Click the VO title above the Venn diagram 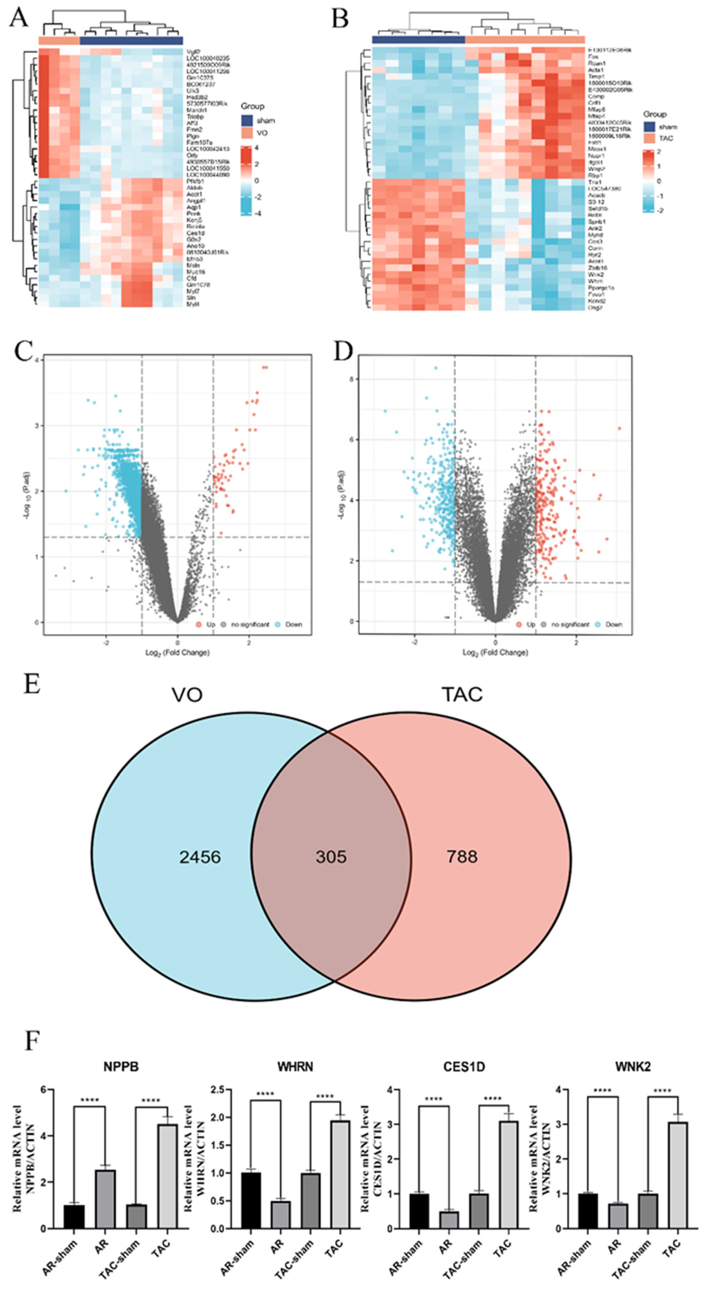point(187,695)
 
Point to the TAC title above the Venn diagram point(462,695)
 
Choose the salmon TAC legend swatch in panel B point(649,138)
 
